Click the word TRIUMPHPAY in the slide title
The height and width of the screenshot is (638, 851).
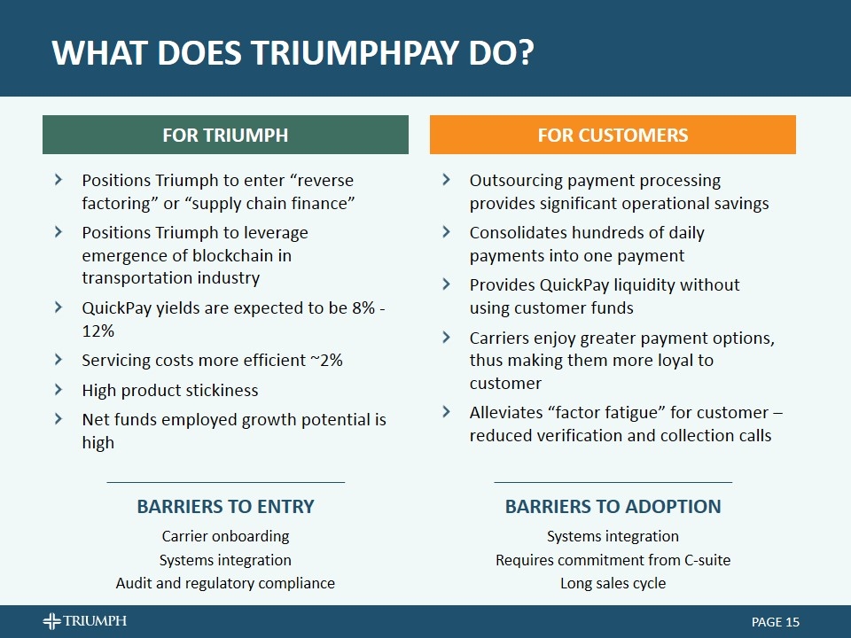click(355, 52)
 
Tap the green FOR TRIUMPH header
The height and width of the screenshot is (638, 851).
click(225, 135)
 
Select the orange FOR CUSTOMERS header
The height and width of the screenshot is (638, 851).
click(613, 135)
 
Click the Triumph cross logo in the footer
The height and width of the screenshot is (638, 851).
click(52, 620)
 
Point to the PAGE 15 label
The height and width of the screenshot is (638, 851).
click(776, 622)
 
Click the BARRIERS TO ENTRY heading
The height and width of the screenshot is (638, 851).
click(225, 506)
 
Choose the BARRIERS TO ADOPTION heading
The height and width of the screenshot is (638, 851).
click(613, 506)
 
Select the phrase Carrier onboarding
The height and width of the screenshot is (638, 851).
click(225, 536)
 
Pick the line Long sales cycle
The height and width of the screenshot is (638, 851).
click(613, 583)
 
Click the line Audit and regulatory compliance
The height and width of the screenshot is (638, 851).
click(225, 583)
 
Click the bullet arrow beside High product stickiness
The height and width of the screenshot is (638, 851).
click(59, 390)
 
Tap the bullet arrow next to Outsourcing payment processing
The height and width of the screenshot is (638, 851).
click(446, 180)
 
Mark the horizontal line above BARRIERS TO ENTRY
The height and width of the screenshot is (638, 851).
click(226, 482)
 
